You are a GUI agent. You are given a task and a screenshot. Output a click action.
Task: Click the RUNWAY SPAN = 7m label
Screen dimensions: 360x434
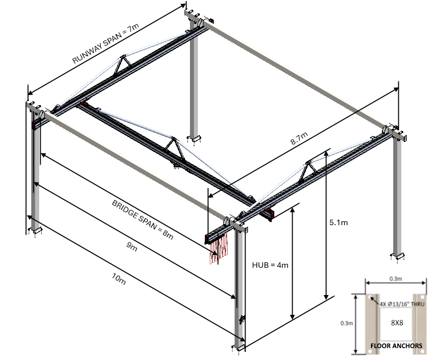tap(106, 45)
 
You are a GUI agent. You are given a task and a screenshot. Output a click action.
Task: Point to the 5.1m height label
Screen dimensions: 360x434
tap(338, 223)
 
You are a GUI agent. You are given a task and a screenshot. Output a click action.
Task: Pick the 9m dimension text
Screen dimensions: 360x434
tap(131, 247)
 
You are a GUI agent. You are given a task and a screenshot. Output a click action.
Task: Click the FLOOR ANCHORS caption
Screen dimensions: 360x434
tap(396, 346)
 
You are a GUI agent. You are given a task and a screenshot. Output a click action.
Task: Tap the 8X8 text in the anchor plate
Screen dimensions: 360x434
tap(397, 322)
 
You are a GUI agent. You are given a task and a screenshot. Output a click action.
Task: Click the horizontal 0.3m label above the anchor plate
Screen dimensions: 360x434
tap(396, 279)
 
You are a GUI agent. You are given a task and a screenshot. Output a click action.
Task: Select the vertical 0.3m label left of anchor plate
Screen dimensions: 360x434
tap(347, 323)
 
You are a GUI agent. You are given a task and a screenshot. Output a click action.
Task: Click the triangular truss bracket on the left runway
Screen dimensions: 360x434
tap(122, 65)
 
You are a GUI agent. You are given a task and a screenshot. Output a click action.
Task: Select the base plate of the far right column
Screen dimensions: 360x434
tap(400, 256)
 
